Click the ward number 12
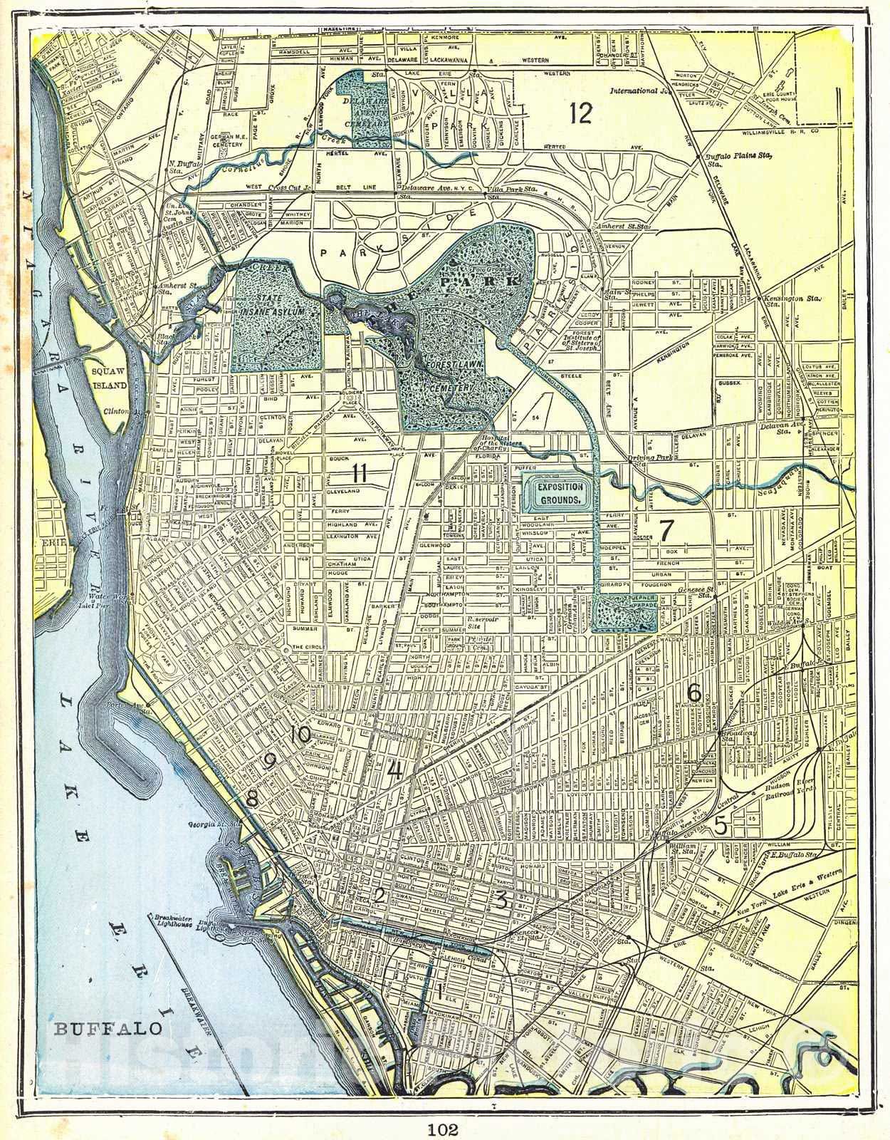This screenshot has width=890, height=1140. coord(582,113)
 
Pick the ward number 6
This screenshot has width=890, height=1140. coord(695,692)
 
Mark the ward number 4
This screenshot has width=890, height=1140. coord(394,770)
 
